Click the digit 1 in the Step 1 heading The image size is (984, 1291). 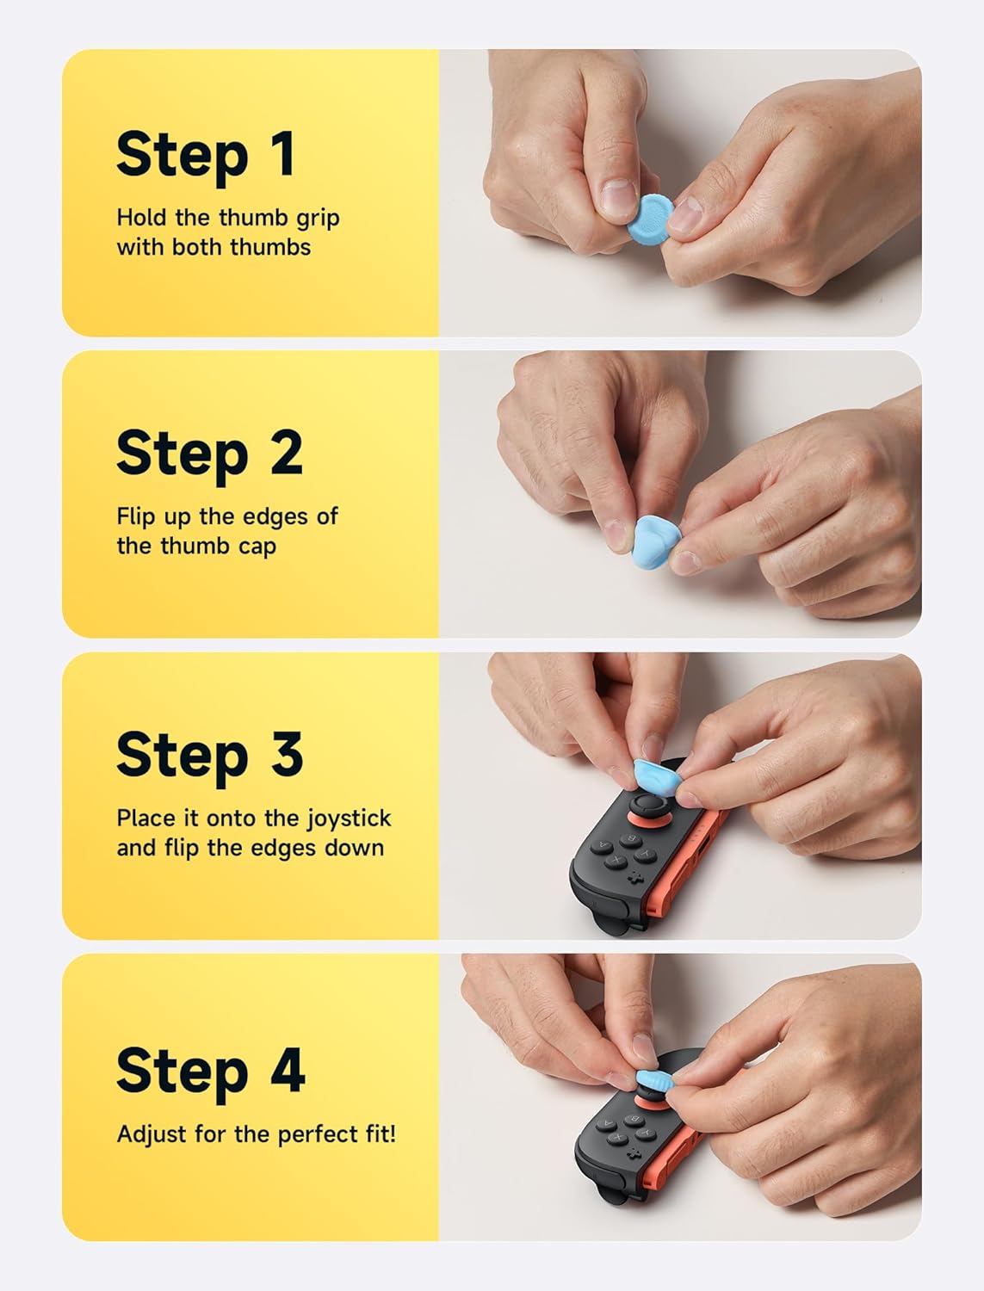[283, 153]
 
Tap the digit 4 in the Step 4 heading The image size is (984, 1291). [288, 1070]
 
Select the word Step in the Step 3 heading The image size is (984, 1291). [183, 759]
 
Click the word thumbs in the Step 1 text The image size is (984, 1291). [270, 247]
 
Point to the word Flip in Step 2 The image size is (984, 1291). [137, 516]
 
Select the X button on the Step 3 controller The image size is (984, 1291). [616, 861]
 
